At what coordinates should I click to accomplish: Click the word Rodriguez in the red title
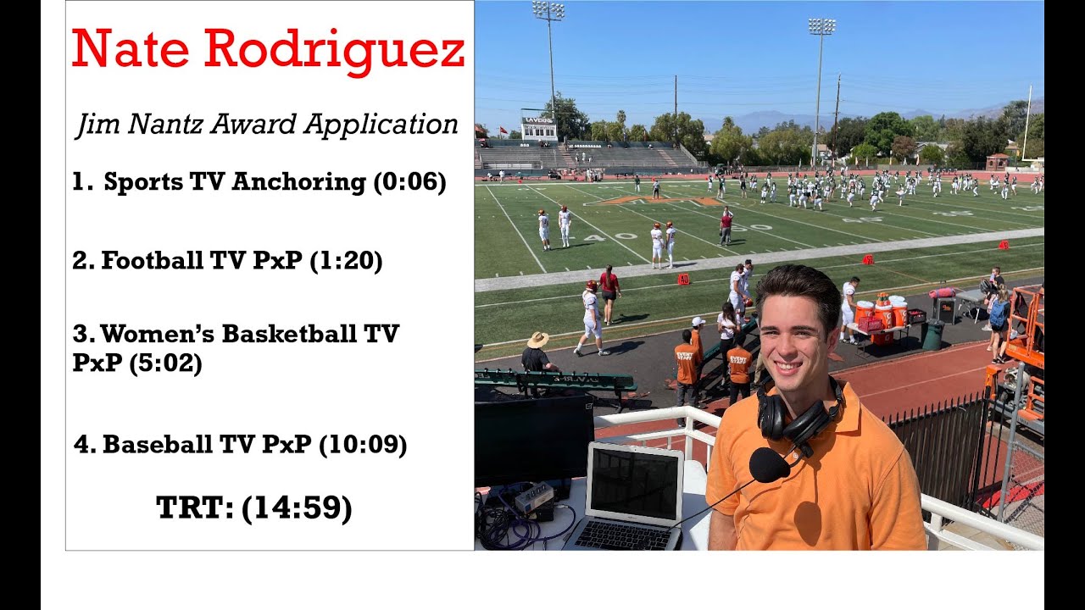[334, 50]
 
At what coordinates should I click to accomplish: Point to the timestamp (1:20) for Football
[346, 261]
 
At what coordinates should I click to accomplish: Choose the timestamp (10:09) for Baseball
[363, 445]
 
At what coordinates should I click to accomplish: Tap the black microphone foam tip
[769, 465]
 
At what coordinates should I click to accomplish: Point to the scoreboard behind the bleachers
[539, 127]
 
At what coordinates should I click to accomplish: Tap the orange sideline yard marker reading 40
[683, 278]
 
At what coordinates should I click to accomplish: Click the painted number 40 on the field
[622, 236]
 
